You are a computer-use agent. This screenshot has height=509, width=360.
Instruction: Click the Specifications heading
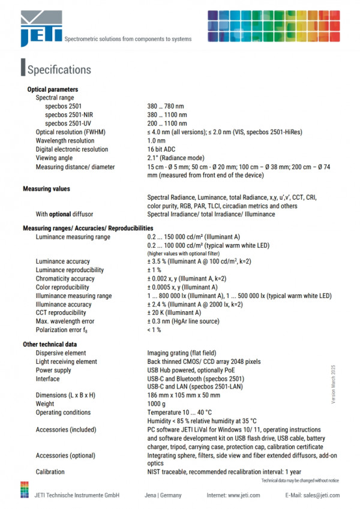click(x=59, y=70)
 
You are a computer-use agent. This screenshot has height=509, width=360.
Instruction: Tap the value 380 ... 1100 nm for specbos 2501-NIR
click(x=167, y=115)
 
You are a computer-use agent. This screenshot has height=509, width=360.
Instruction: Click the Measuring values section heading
click(x=46, y=189)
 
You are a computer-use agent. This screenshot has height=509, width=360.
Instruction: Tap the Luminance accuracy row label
click(x=62, y=261)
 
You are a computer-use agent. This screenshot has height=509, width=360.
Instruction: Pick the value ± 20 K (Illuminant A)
click(x=174, y=313)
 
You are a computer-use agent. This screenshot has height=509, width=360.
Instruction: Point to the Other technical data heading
click(x=50, y=344)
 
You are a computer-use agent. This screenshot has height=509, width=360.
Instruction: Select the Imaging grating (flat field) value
click(x=182, y=353)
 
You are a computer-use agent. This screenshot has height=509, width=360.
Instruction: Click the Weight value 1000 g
click(x=158, y=404)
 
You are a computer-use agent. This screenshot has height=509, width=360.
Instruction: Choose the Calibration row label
click(x=50, y=472)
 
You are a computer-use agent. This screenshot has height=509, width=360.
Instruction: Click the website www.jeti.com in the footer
click(x=242, y=495)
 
